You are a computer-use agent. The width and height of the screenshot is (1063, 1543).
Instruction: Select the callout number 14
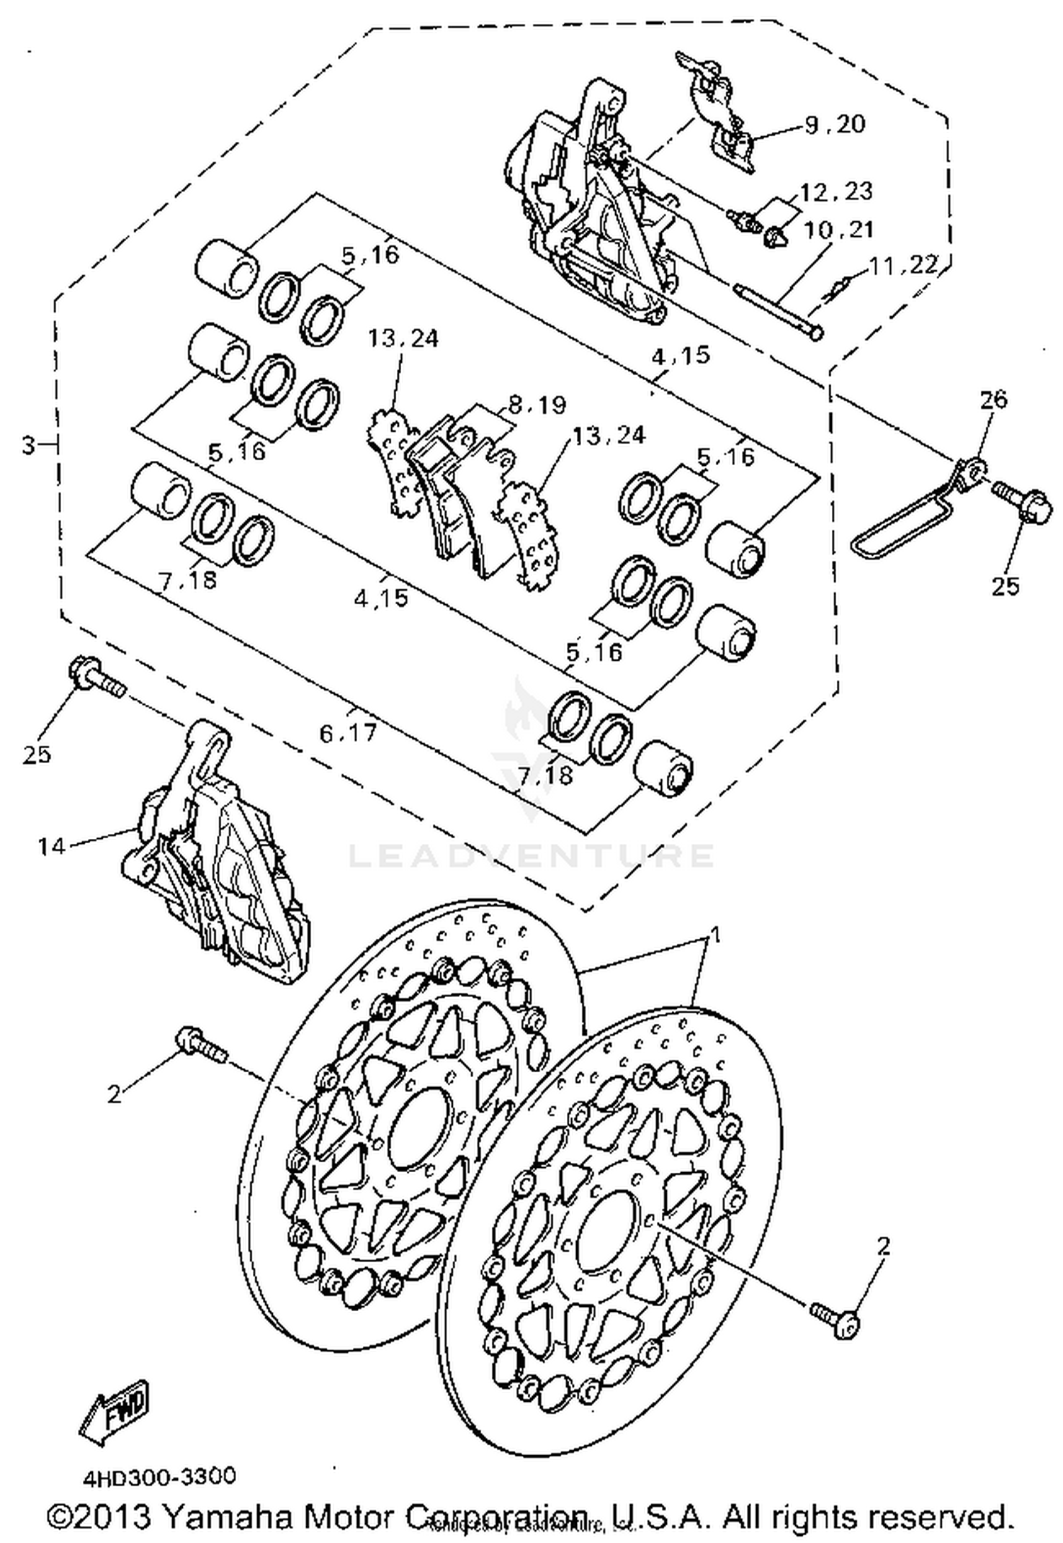click(51, 846)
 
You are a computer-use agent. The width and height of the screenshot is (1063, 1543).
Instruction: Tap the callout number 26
click(993, 399)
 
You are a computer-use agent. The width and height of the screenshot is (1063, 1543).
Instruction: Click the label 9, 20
click(835, 124)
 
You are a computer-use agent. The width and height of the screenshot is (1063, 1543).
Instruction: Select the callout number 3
click(28, 446)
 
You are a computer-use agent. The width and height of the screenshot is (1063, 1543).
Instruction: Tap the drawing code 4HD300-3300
click(159, 1477)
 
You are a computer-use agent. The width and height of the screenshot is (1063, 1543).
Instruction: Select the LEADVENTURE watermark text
click(531, 855)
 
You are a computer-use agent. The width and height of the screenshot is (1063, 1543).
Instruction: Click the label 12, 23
click(836, 191)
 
